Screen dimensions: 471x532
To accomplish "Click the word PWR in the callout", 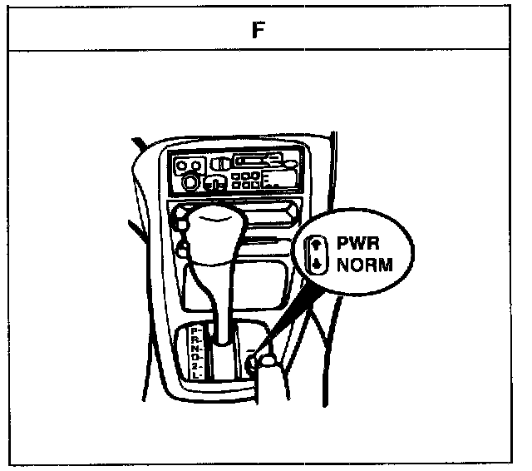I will [358, 245].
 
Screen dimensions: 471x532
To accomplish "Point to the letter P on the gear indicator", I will [194, 331].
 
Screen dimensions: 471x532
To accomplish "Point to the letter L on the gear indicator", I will [194, 375].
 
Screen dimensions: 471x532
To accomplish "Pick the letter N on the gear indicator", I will [194, 349].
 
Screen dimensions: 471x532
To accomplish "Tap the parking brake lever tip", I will [268, 359].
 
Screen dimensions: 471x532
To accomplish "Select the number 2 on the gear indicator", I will [194, 366].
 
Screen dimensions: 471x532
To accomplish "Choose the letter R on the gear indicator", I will [194, 340].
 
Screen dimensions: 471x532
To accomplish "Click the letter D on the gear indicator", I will [194, 358].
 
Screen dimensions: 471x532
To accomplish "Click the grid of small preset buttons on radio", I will [244, 180].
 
